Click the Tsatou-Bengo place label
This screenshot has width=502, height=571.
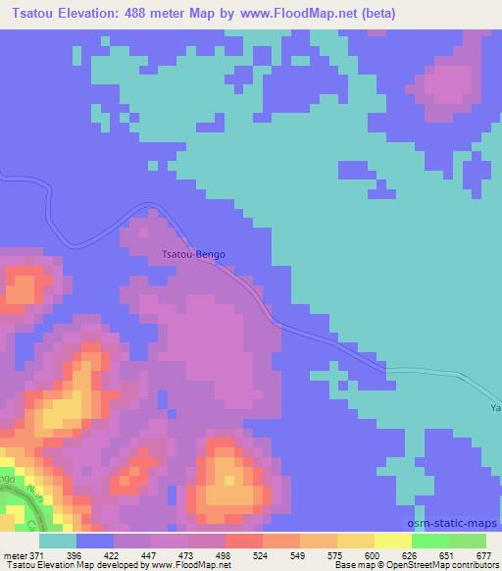click(x=193, y=254)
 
